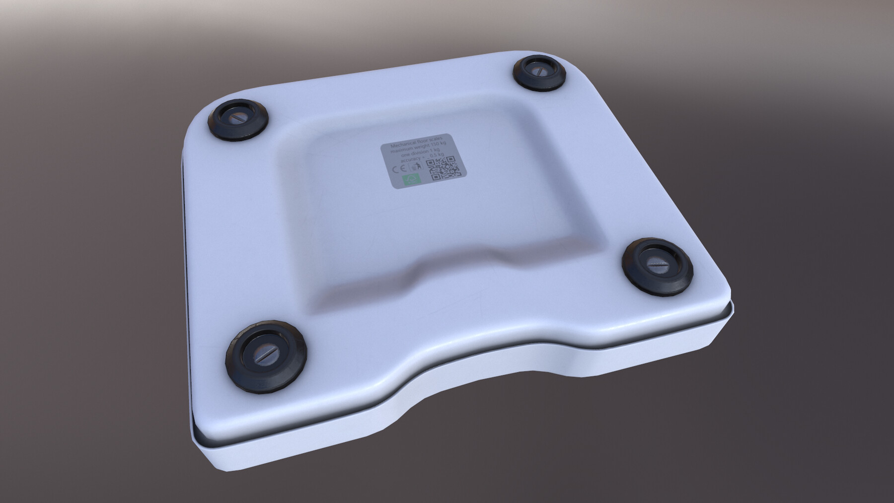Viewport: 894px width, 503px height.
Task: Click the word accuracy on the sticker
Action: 410,159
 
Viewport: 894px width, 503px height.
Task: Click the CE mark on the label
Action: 398,169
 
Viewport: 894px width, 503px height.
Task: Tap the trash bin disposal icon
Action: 416,166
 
